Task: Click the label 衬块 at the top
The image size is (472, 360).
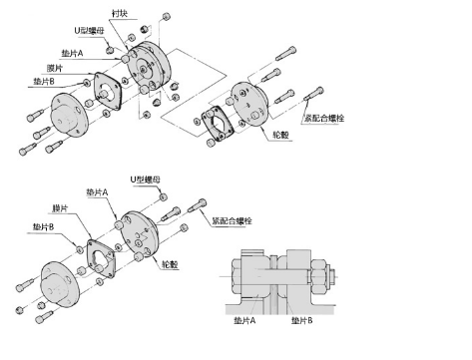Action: pos(120,13)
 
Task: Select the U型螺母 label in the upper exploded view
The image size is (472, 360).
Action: pos(89,31)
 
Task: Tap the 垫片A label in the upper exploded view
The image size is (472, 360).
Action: pos(72,53)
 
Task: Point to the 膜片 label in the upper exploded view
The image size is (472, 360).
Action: pos(55,68)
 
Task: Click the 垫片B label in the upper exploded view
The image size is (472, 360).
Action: pos(44,81)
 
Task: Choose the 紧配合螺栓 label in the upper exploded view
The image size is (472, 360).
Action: pos(324,118)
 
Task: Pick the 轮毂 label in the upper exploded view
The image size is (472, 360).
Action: pos(280,135)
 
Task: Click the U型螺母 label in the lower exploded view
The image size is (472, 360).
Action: pos(145,180)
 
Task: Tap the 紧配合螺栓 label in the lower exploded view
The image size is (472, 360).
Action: pos(232,220)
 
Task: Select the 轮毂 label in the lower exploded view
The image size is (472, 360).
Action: pos(170,264)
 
